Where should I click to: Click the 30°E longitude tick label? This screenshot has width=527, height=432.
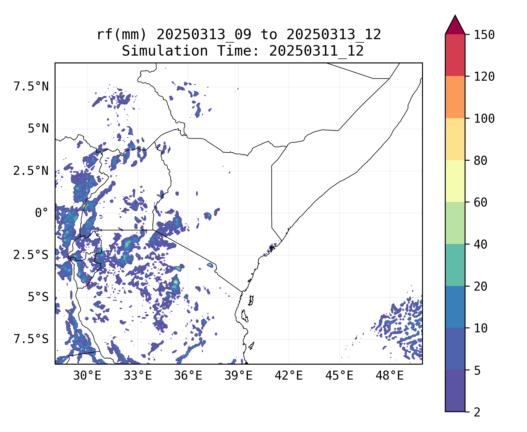click(x=87, y=376)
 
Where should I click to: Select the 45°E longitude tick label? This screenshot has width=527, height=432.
click(x=339, y=376)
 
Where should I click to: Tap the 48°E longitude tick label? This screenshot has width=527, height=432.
click(x=390, y=376)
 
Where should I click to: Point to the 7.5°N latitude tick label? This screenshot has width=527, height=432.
click(x=31, y=87)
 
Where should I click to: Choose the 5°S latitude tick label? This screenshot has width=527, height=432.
click(x=38, y=297)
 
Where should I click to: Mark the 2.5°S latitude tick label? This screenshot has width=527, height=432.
click(x=31, y=255)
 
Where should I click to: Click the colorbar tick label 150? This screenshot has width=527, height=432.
click(x=484, y=35)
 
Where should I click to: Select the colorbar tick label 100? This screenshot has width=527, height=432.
click(x=484, y=119)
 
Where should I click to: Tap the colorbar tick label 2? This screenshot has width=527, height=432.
click(x=477, y=412)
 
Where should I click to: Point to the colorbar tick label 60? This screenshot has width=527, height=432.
click(x=481, y=202)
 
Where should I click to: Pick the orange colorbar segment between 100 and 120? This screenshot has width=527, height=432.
click(x=455, y=97)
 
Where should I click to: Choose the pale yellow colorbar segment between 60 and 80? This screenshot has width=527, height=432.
click(x=455, y=181)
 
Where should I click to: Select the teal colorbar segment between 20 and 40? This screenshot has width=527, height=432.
click(x=455, y=265)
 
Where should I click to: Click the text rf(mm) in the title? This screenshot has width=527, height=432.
click(x=122, y=35)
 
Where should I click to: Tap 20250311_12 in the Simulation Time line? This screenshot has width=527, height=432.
click(x=316, y=51)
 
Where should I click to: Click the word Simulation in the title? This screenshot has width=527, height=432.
click(x=165, y=51)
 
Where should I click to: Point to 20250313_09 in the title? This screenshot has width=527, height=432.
click(x=204, y=35)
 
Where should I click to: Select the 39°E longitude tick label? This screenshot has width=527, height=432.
click(x=238, y=376)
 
